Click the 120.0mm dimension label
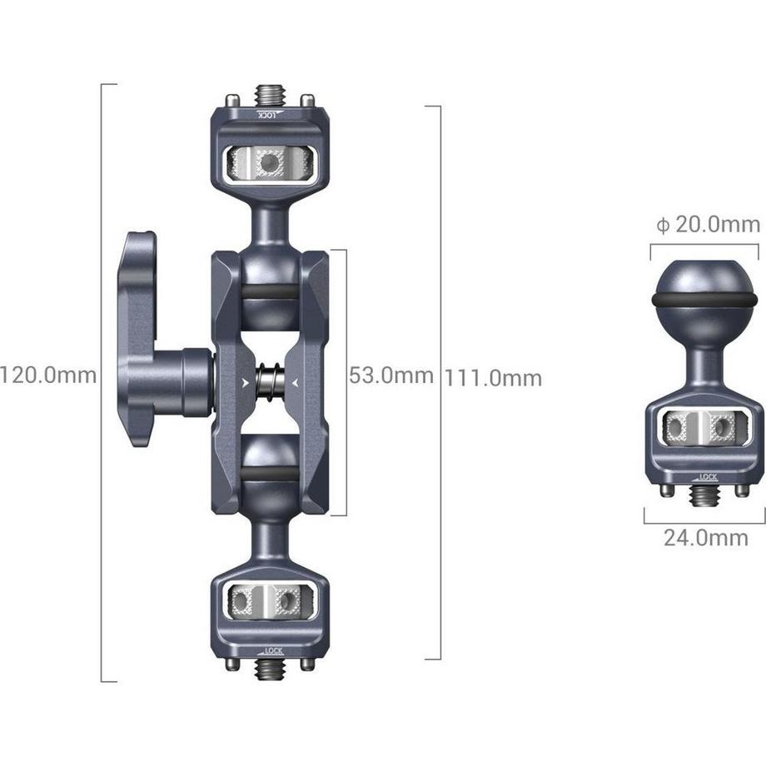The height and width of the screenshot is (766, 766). coord(48,376)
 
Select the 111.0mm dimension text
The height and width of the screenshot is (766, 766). coord(493,378)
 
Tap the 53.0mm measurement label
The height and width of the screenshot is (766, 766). coord(390,376)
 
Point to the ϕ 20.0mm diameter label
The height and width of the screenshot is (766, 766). coord(708,224)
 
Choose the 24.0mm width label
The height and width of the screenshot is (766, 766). coord(705,538)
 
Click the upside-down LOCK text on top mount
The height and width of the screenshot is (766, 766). coord(268,114)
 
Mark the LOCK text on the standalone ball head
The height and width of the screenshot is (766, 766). coord(708,477)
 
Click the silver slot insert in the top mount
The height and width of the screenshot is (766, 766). coord(269,163)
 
